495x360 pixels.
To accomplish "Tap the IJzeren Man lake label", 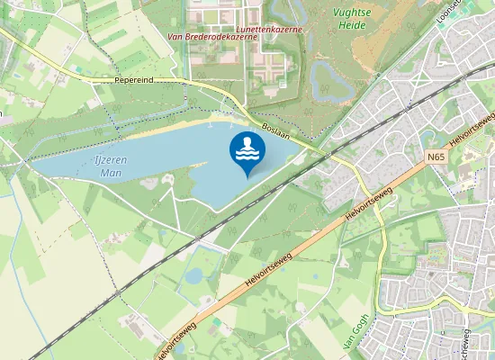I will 110,166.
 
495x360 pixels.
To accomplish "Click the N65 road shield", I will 436,157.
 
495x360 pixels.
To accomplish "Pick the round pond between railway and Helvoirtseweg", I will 194,275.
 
